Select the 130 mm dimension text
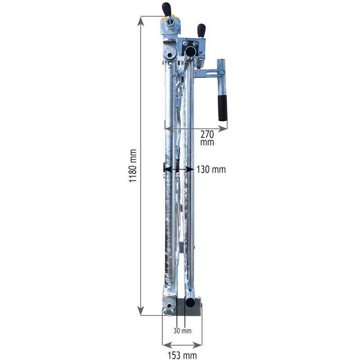click(x=211, y=170)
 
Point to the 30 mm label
click(x=183, y=331)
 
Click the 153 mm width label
click(x=182, y=355)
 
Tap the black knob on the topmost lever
click(x=167, y=8)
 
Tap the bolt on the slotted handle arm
click(x=221, y=72)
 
